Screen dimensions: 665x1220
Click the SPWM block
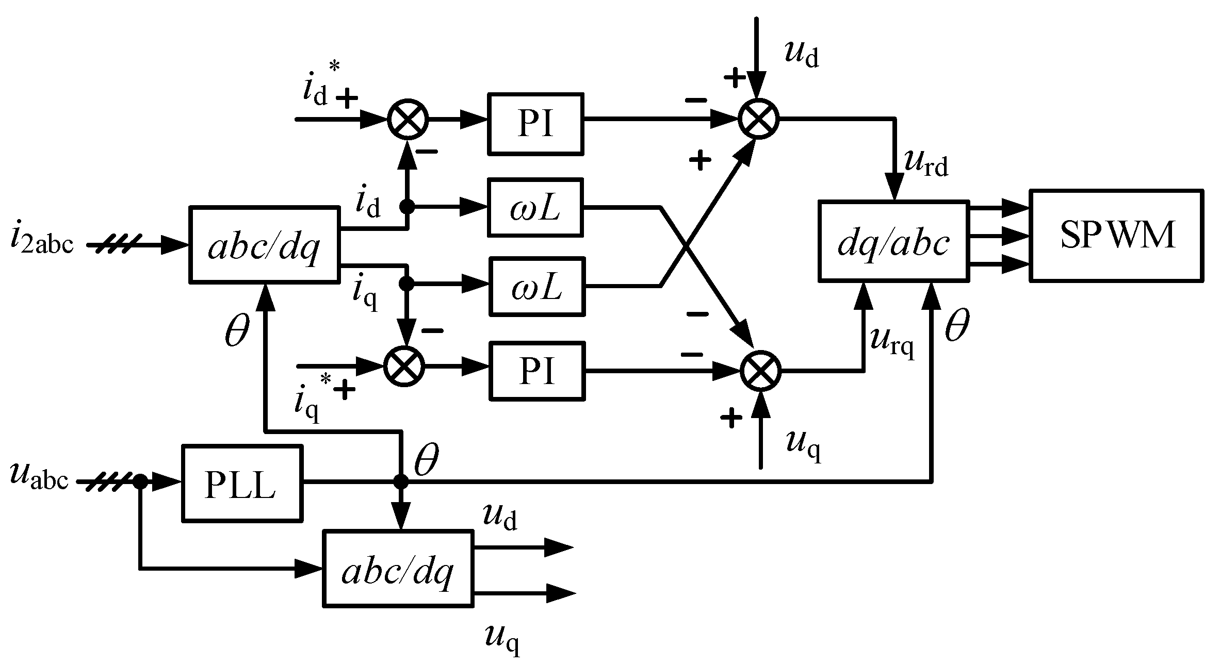tap(1116, 236)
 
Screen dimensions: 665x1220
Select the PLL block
tap(241, 483)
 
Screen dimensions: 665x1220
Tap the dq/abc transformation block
tap(893, 241)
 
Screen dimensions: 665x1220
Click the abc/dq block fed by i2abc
tap(265, 244)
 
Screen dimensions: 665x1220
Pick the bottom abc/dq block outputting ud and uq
tap(397, 568)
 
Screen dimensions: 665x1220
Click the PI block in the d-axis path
tap(535, 124)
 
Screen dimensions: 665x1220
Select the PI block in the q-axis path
tap(536, 371)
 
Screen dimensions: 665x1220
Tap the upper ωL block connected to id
tap(535, 208)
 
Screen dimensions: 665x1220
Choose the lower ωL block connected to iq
tap(536, 287)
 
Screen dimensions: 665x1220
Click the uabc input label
tap(39, 477)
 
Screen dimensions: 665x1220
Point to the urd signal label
tap(926, 164)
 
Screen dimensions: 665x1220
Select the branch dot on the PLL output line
tap(401, 482)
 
